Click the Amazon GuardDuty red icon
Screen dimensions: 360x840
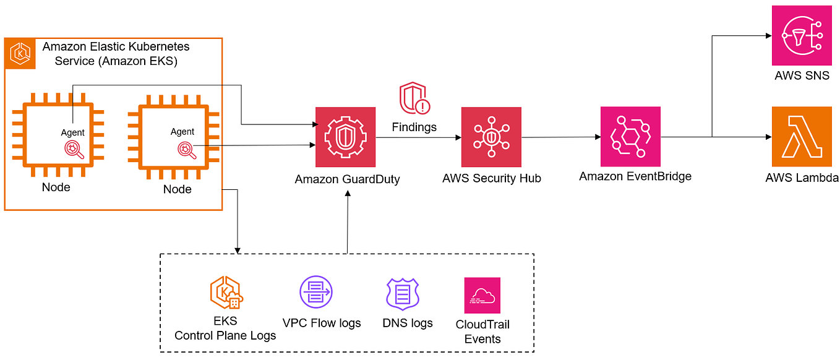click(345, 137)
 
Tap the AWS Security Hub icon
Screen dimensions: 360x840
click(491, 137)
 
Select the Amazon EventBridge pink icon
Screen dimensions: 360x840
click(630, 136)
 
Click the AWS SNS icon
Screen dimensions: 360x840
click(802, 35)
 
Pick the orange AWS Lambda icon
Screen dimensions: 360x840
click(802, 136)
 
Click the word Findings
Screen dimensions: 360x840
click(414, 127)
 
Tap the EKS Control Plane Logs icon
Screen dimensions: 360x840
click(226, 293)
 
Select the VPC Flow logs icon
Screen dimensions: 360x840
click(315, 291)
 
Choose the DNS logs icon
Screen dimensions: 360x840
click(403, 293)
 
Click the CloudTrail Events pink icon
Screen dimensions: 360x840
click(482, 295)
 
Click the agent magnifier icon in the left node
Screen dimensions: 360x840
click(73, 148)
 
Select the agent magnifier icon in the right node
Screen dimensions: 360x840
click(185, 149)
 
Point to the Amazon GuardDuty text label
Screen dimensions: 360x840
click(347, 179)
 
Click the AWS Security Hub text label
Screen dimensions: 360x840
click(491, 178)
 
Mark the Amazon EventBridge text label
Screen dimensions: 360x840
click(635, 176)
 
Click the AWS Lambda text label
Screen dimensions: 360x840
click(802, 178)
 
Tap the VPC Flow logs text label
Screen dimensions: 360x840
click(321, 323)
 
